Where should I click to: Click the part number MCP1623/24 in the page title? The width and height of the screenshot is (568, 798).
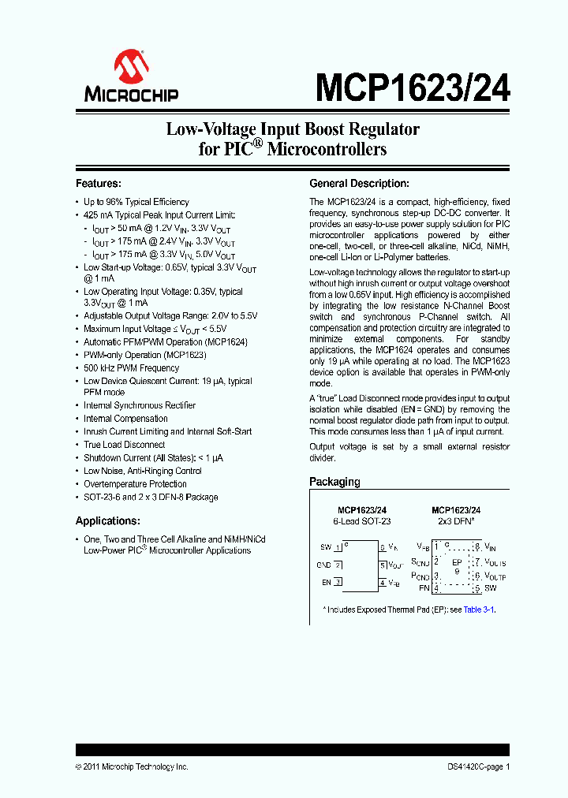click(x=413, y=86)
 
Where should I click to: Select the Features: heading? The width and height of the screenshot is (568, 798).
click(x=99, y=183)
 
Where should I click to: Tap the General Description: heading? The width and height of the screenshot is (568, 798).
click(x=359, y=183)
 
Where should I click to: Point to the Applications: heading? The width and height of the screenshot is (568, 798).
click(x=108, y=520)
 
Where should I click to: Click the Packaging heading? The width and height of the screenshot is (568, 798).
click(x=334, y=481)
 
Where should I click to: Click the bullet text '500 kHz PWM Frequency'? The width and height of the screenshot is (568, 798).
click(x=132, y=368)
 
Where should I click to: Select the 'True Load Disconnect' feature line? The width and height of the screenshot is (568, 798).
click(x=125, y=445)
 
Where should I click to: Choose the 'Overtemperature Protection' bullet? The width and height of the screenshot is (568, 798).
click(x=136, y=484)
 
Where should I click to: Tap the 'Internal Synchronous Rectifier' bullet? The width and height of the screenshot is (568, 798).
click(x=140, y=405)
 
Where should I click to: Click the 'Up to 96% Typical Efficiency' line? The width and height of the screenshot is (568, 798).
click(x=136, y=202)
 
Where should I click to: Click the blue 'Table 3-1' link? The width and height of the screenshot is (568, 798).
click(x=479, y=610)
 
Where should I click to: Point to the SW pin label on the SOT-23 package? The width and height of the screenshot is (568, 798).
click(x=325, y=546)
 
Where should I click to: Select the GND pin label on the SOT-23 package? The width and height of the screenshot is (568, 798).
click(x=323, y=565)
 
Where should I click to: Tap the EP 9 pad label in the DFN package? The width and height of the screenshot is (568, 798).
click(x=456, y=566)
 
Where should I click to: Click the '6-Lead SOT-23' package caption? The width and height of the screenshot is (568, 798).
click(x=361, y=521)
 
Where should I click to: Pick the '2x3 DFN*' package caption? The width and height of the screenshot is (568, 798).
click(x=456, y=521)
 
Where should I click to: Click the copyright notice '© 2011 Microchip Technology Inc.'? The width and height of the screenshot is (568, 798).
click(x=132, y=766)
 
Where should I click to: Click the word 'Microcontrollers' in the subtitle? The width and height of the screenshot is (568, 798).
click(x=327, y=148)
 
